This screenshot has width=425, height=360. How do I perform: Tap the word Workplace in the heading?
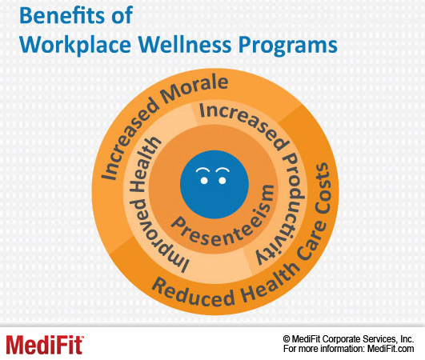click(x=75, y=46)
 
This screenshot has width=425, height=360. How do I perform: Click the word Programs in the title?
click(x=288, y=46)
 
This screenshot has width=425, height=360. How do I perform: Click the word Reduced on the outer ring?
click(x=191, y=294)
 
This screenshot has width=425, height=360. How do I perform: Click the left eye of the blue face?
click(x=204, y=181)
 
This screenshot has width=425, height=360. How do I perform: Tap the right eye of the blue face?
click(x=223, y=181)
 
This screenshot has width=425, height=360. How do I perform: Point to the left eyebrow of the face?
click(x=202, y=170)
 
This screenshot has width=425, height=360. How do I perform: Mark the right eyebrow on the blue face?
click(x=223, y=170)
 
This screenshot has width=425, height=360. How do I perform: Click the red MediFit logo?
click(x=45, y=345)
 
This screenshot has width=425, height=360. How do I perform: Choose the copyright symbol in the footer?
click(x=287, y=339)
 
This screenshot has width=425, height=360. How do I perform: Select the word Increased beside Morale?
click(x=127, y=139)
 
